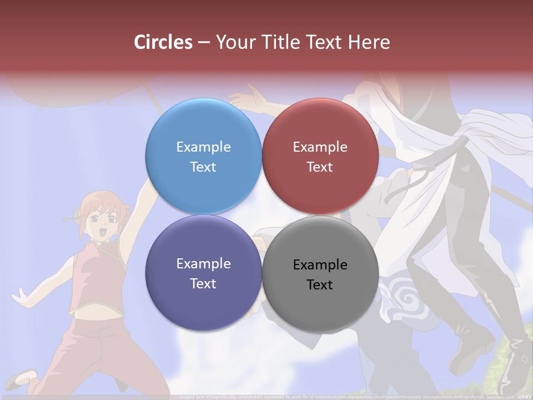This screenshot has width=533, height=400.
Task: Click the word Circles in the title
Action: point(163,42)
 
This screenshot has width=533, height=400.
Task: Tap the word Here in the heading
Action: point(369,42)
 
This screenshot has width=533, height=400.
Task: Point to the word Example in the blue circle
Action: point(203,147)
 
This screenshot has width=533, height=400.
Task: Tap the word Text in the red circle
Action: point(320,167)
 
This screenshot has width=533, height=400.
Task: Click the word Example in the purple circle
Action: point(203,264)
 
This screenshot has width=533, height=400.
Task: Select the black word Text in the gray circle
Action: point(320,285)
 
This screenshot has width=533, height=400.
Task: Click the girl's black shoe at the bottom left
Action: point(25,379)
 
